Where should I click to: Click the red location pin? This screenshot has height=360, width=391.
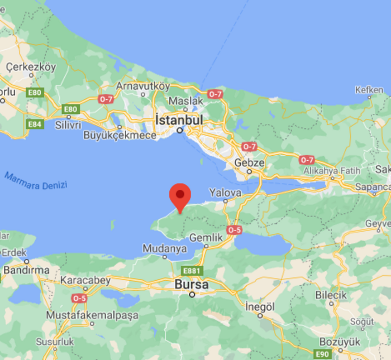click(180, 196)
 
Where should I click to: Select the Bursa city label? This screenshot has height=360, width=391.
click(192, 285)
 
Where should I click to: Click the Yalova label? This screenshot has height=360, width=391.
click(225, 193)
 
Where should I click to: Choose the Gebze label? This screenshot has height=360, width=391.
click(249, 162)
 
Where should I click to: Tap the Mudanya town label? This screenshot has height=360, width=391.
click(164, 248)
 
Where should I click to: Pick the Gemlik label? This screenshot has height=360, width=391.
click(206, 238)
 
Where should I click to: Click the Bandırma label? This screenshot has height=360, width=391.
click(26, 271)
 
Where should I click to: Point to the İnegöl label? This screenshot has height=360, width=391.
click(260, 306)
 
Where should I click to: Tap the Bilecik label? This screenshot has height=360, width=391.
click(331, 295)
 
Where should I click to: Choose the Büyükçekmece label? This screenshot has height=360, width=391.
click(120, 136)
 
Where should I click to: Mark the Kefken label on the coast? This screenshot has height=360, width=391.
click(369, 90)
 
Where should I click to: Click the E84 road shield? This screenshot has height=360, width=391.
click(35, 124)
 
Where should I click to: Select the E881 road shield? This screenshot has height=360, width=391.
click(192, 271)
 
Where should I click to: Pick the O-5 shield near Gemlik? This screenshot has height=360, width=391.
click(234, 229)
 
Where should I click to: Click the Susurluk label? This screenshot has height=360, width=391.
click(55, 342)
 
